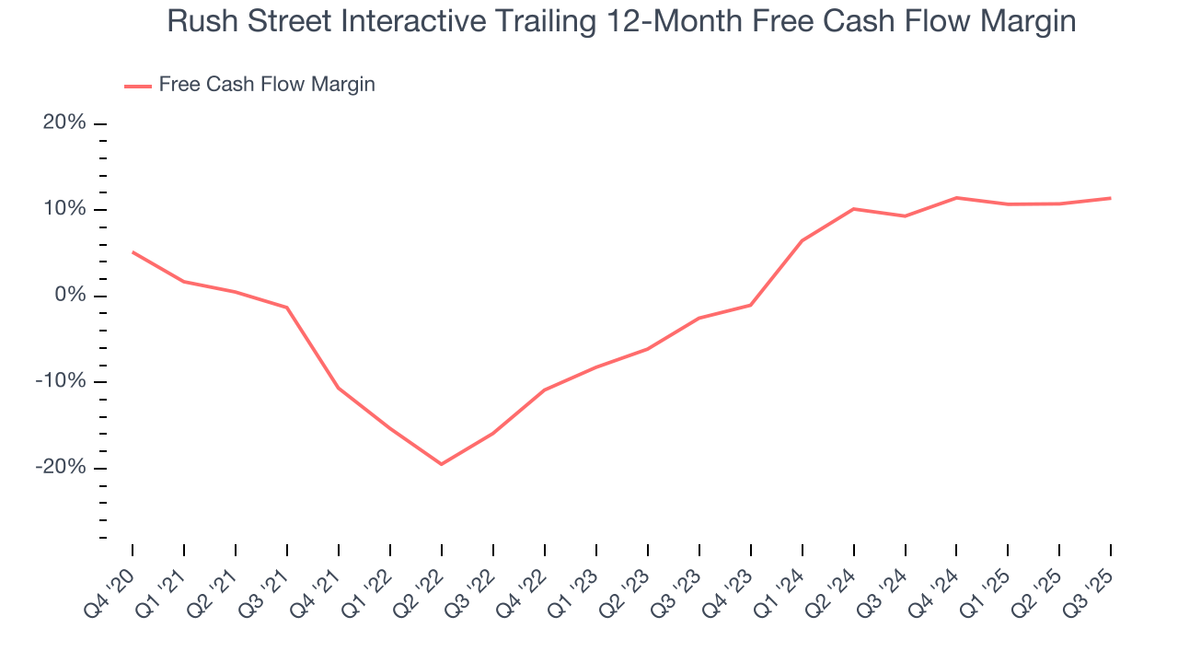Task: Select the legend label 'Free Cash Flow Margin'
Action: (x=267, y=85)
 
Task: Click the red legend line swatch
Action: (x=138, y=86)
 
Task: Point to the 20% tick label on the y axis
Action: (x=64, y=123)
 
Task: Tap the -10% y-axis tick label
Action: (x=61, y=381)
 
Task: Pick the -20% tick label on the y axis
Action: (x=61, y=468)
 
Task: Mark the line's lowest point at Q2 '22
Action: (x=442, y=464)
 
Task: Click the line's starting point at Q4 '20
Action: (x=133, y=251)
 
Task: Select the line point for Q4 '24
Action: (x=957, y=197)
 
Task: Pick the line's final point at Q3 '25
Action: (x=1111, y=198)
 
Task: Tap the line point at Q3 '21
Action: (x=287, y=308)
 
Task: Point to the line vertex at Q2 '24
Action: (x=854, y=209)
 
